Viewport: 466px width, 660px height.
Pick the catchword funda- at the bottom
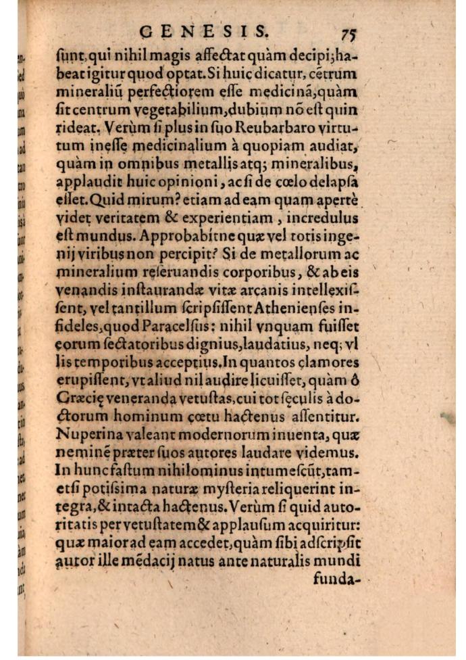(339, 578)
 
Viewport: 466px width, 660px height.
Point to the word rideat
(76, 127)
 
